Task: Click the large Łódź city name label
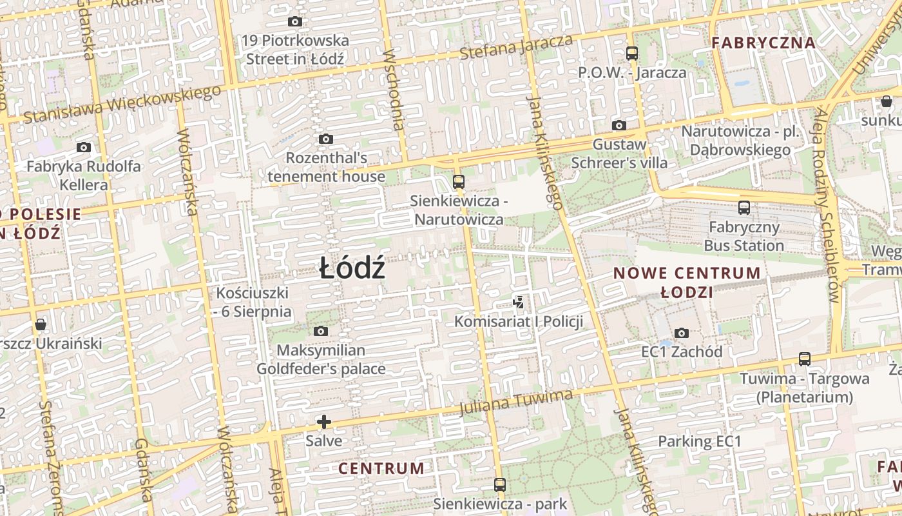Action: click(x=352, y=268)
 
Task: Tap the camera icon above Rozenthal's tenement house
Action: click(x=326, y=139)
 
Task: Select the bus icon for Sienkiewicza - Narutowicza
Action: click(x=459, y=181)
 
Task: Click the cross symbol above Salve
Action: click(x=324, y=422)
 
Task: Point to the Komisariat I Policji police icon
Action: click(x=519, y=301)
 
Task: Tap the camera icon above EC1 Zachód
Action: click(x=682, y=333)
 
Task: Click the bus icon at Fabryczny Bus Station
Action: click(x=744, y=208)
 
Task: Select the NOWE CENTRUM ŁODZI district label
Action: click(x=687, y=282)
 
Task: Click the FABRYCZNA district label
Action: click(x=763, y=43)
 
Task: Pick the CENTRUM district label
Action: click(x=381, y=468)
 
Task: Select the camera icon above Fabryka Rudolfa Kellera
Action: click(x=84, y=147)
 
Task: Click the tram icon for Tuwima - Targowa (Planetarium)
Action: click(x=805, y=359)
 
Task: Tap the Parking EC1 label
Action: click(x=700, y=442)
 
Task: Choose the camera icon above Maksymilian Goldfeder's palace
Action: click(x=320, y=332)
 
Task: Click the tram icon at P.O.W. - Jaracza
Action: click(x=632, y=54)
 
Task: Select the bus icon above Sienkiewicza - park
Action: click(x=500, y=484)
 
